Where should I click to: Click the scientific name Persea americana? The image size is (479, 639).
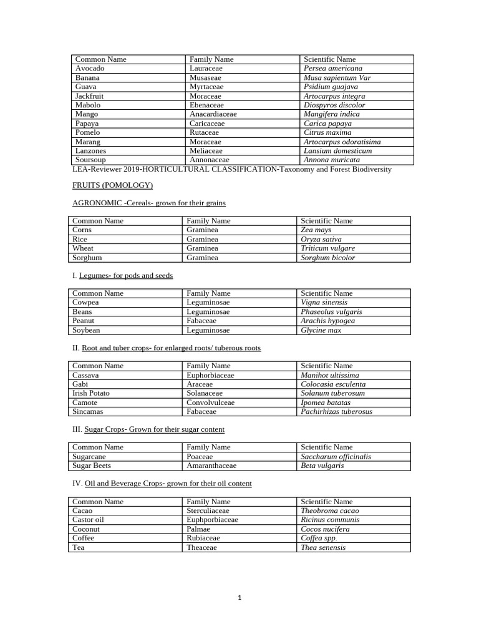click(x=332, y=69)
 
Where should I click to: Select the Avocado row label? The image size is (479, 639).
click(x=90, y=69)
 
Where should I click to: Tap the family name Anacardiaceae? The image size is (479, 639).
click(x=213, y=114)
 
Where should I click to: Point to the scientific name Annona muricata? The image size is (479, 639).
click(x=331, y=160)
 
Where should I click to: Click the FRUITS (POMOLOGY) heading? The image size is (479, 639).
click(x=112, y=185)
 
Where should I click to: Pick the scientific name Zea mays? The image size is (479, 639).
click(x=316, y=230)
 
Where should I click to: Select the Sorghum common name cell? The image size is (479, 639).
click(x=87, y=258)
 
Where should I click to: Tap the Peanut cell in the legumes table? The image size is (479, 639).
click(x=84, y=321)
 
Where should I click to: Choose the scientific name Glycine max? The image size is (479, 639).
click(x=321, y=330)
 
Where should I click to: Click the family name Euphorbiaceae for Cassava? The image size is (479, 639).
click(x=210, y=376)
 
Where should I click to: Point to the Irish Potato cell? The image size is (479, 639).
click(x=90, y=394)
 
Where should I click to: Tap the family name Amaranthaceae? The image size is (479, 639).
click(x=211, y=466)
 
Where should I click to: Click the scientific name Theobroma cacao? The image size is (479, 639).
click(x=329, y=511)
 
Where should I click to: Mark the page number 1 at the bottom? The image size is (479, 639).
click(x=239, y=598)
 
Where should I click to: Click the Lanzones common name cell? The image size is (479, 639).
click(x=90, y=151)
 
